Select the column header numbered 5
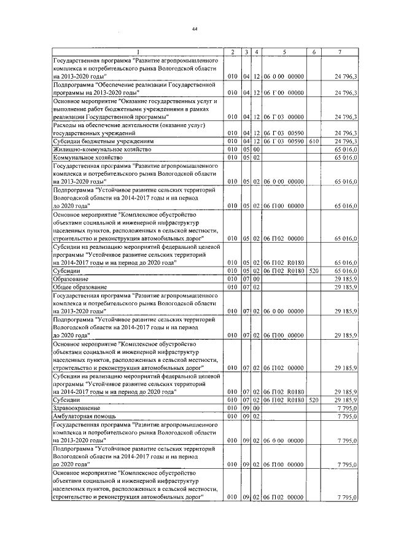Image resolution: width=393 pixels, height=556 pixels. coord(284,52)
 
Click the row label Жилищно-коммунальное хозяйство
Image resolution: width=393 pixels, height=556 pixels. coord(93,149)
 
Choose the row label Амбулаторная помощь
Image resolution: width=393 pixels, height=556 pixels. coord(82,416)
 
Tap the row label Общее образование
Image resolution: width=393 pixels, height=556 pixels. coord(80,287)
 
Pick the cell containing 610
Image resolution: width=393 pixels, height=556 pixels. coord(313,141)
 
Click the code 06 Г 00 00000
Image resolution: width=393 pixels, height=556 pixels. coord(284,92)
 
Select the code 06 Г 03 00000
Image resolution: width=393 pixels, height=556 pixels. coord(284,116)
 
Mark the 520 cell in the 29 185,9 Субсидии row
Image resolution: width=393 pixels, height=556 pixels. coord(313,399)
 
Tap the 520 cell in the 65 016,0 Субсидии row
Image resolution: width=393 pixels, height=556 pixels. coord(313,270)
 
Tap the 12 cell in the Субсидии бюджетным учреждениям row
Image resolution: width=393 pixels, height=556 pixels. coord(257,141)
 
